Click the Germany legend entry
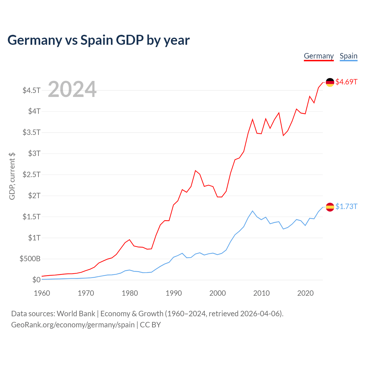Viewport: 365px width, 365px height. [319, 56]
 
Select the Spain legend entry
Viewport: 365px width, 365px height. [348, 56]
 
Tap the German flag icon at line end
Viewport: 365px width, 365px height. [330, 82]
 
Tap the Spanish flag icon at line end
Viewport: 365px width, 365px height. [330, 207]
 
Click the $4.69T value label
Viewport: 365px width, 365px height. [346, 82]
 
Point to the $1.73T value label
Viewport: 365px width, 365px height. [346, 206]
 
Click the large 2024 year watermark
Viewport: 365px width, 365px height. [72, 90]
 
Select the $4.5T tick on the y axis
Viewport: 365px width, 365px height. [31, 90]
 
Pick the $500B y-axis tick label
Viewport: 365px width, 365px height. [30, 259]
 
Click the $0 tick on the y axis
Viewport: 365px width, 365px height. [36, 280]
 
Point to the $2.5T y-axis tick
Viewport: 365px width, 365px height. [31, 175]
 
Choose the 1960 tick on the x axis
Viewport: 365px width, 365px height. [42, 293]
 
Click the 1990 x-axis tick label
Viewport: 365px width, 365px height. [174, 293]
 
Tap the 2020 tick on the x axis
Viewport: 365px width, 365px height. [305, 293]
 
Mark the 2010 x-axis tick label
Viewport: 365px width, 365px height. [261, 293]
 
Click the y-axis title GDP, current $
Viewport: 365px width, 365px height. [12, 176]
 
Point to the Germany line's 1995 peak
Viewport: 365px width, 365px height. [195, 171]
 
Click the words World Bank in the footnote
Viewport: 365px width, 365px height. [76, 314]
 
